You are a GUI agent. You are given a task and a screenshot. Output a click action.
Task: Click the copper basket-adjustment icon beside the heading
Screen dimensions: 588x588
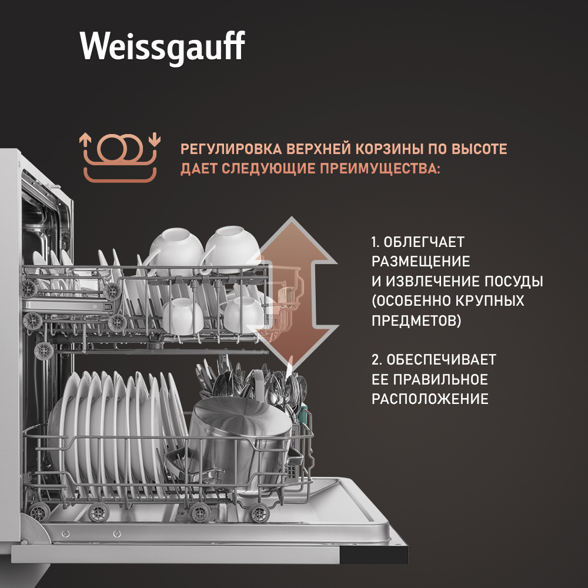pyautogui.click(x=120, y=157)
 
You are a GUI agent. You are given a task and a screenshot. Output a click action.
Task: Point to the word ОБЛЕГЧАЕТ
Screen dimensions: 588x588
pyautogui.click(x=424, y=242)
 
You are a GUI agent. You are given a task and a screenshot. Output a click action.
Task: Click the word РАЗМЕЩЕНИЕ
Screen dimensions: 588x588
pyautogui.click(x=421, y=262)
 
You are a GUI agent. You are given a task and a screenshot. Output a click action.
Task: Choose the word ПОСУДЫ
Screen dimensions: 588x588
pyautogui.click(x=513, y=281)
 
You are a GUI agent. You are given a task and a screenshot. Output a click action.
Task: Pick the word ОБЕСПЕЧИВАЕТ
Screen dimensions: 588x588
pyautogui.click(x=442, y=360)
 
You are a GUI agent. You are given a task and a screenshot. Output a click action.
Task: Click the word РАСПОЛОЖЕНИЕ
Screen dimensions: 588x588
pyautogui.click(x=430, y=399)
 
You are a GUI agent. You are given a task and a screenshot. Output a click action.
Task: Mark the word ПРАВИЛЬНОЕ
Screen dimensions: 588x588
pyautogui.click(x=441, y=379)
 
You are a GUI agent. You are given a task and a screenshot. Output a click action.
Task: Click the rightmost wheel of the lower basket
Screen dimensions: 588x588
pyautogui.click(x=259, y=513)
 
